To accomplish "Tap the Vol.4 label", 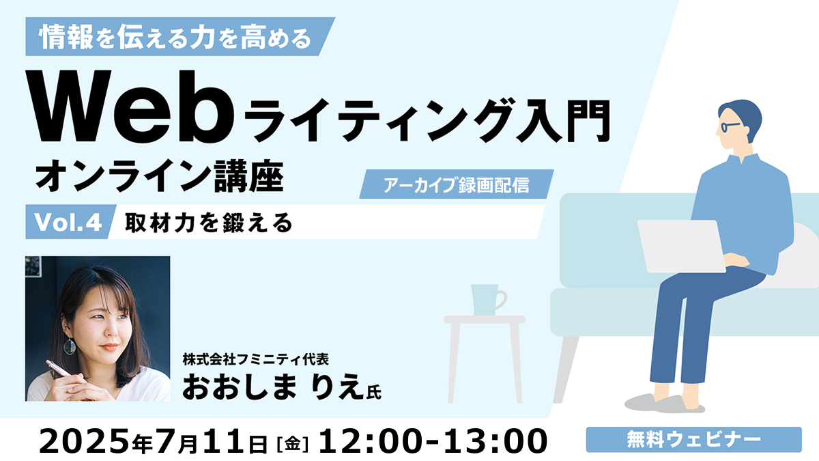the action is click(x=68, y=222).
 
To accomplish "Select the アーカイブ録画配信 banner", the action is click(x=457, y=184).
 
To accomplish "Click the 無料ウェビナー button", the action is click(x=693, y=439).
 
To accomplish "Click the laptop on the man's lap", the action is click(x=682, y=247).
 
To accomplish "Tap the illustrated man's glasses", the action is click(x=729, y=126).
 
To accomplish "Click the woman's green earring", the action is click(x=69, y=345).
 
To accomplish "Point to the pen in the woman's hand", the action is click(x=60, y=369).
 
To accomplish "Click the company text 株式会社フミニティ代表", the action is click(x=255, y=360).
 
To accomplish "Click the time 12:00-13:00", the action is click(x=433, y=441).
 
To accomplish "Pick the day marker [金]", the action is click(x=293, y=444).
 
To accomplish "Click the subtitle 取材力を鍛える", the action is click(x=209, y=223).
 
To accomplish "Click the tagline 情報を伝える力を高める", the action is click(x=175, y=37).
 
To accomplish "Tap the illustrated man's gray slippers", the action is click(x=665, y=403).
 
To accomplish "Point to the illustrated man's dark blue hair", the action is click(x=741, y=115).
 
